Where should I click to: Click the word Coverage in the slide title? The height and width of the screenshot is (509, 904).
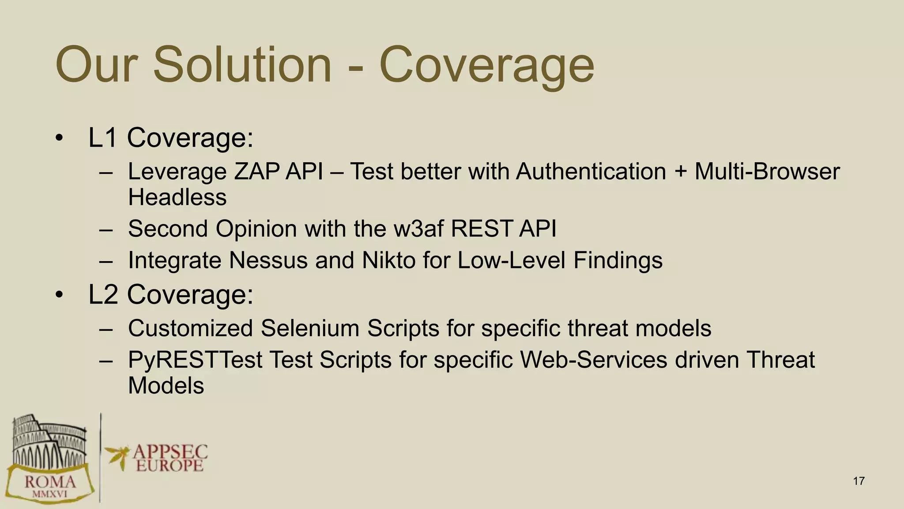click(x=486, y=66)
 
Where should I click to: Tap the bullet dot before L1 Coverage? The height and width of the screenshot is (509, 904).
click(x=60, y=138)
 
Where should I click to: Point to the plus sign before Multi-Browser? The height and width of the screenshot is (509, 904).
click(x=680, y=172)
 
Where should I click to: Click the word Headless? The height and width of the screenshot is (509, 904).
click(x=177, y=197)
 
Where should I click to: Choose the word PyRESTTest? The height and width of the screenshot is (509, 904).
click(x=195, y=360)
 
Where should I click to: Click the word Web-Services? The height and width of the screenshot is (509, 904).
click(x=593, y=360)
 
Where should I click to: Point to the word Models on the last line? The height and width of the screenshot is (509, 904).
click(x=166, y=386)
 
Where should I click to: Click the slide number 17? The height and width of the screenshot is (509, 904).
click(x=859, y=481)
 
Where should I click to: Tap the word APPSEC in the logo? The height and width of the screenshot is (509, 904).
click(x=170, y=452)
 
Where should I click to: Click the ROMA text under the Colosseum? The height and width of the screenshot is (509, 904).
click(x=50, y=482)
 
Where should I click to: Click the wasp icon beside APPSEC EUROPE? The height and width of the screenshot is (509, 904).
click(x=117, y=455)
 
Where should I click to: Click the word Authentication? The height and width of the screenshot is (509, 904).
click(x=591, y=171)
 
